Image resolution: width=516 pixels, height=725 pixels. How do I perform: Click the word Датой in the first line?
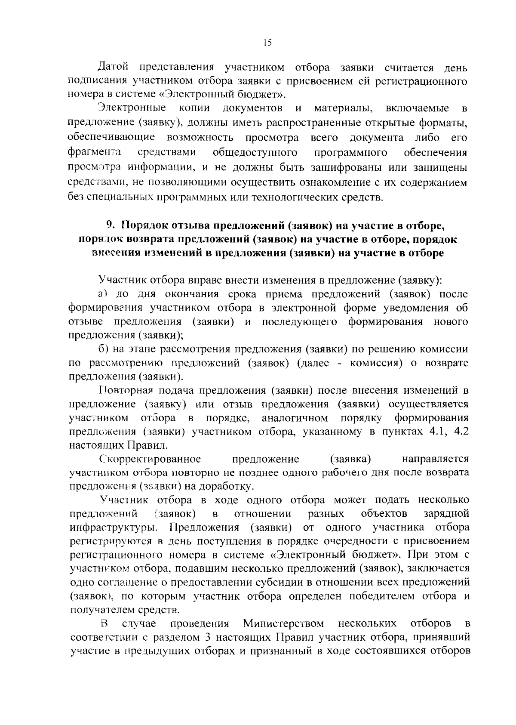[113, 68]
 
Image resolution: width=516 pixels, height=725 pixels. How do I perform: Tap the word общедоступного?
[255, 153]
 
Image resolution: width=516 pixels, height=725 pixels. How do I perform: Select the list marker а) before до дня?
[102, 294]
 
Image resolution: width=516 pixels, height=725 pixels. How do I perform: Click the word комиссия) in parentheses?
[377, 363]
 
